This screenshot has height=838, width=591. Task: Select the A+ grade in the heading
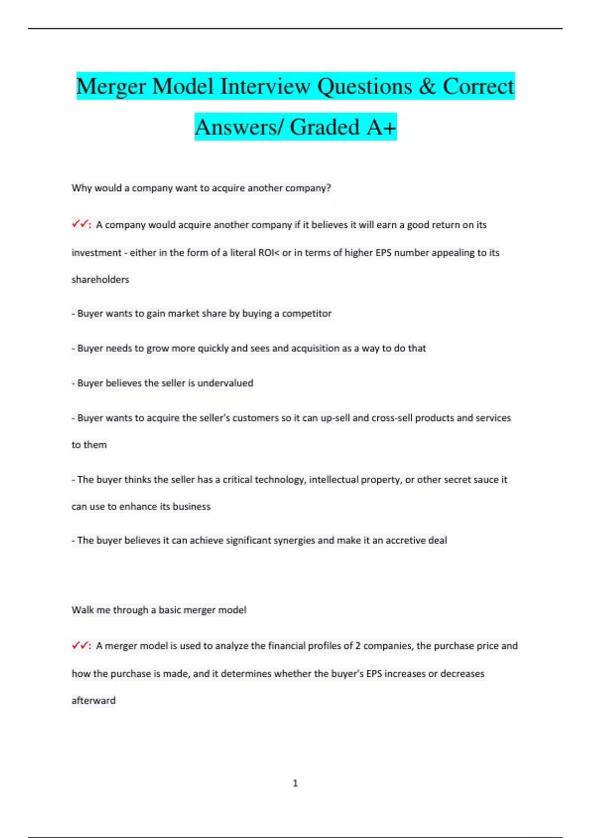coord(381,127)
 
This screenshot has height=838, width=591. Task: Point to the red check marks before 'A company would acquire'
coord(80,224)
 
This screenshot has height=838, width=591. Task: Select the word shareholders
coord(100,279)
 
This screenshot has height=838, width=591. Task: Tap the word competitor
coord(306,314)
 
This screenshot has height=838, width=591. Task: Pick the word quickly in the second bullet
coord(213,348)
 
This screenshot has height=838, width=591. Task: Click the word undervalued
coord(225,383)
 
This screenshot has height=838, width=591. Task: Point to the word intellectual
coord(335,480)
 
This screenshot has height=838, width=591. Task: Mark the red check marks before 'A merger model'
coord(80,645)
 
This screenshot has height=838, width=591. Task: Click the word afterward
coord(94,700)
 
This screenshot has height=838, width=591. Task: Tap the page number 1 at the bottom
coord(295,783)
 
